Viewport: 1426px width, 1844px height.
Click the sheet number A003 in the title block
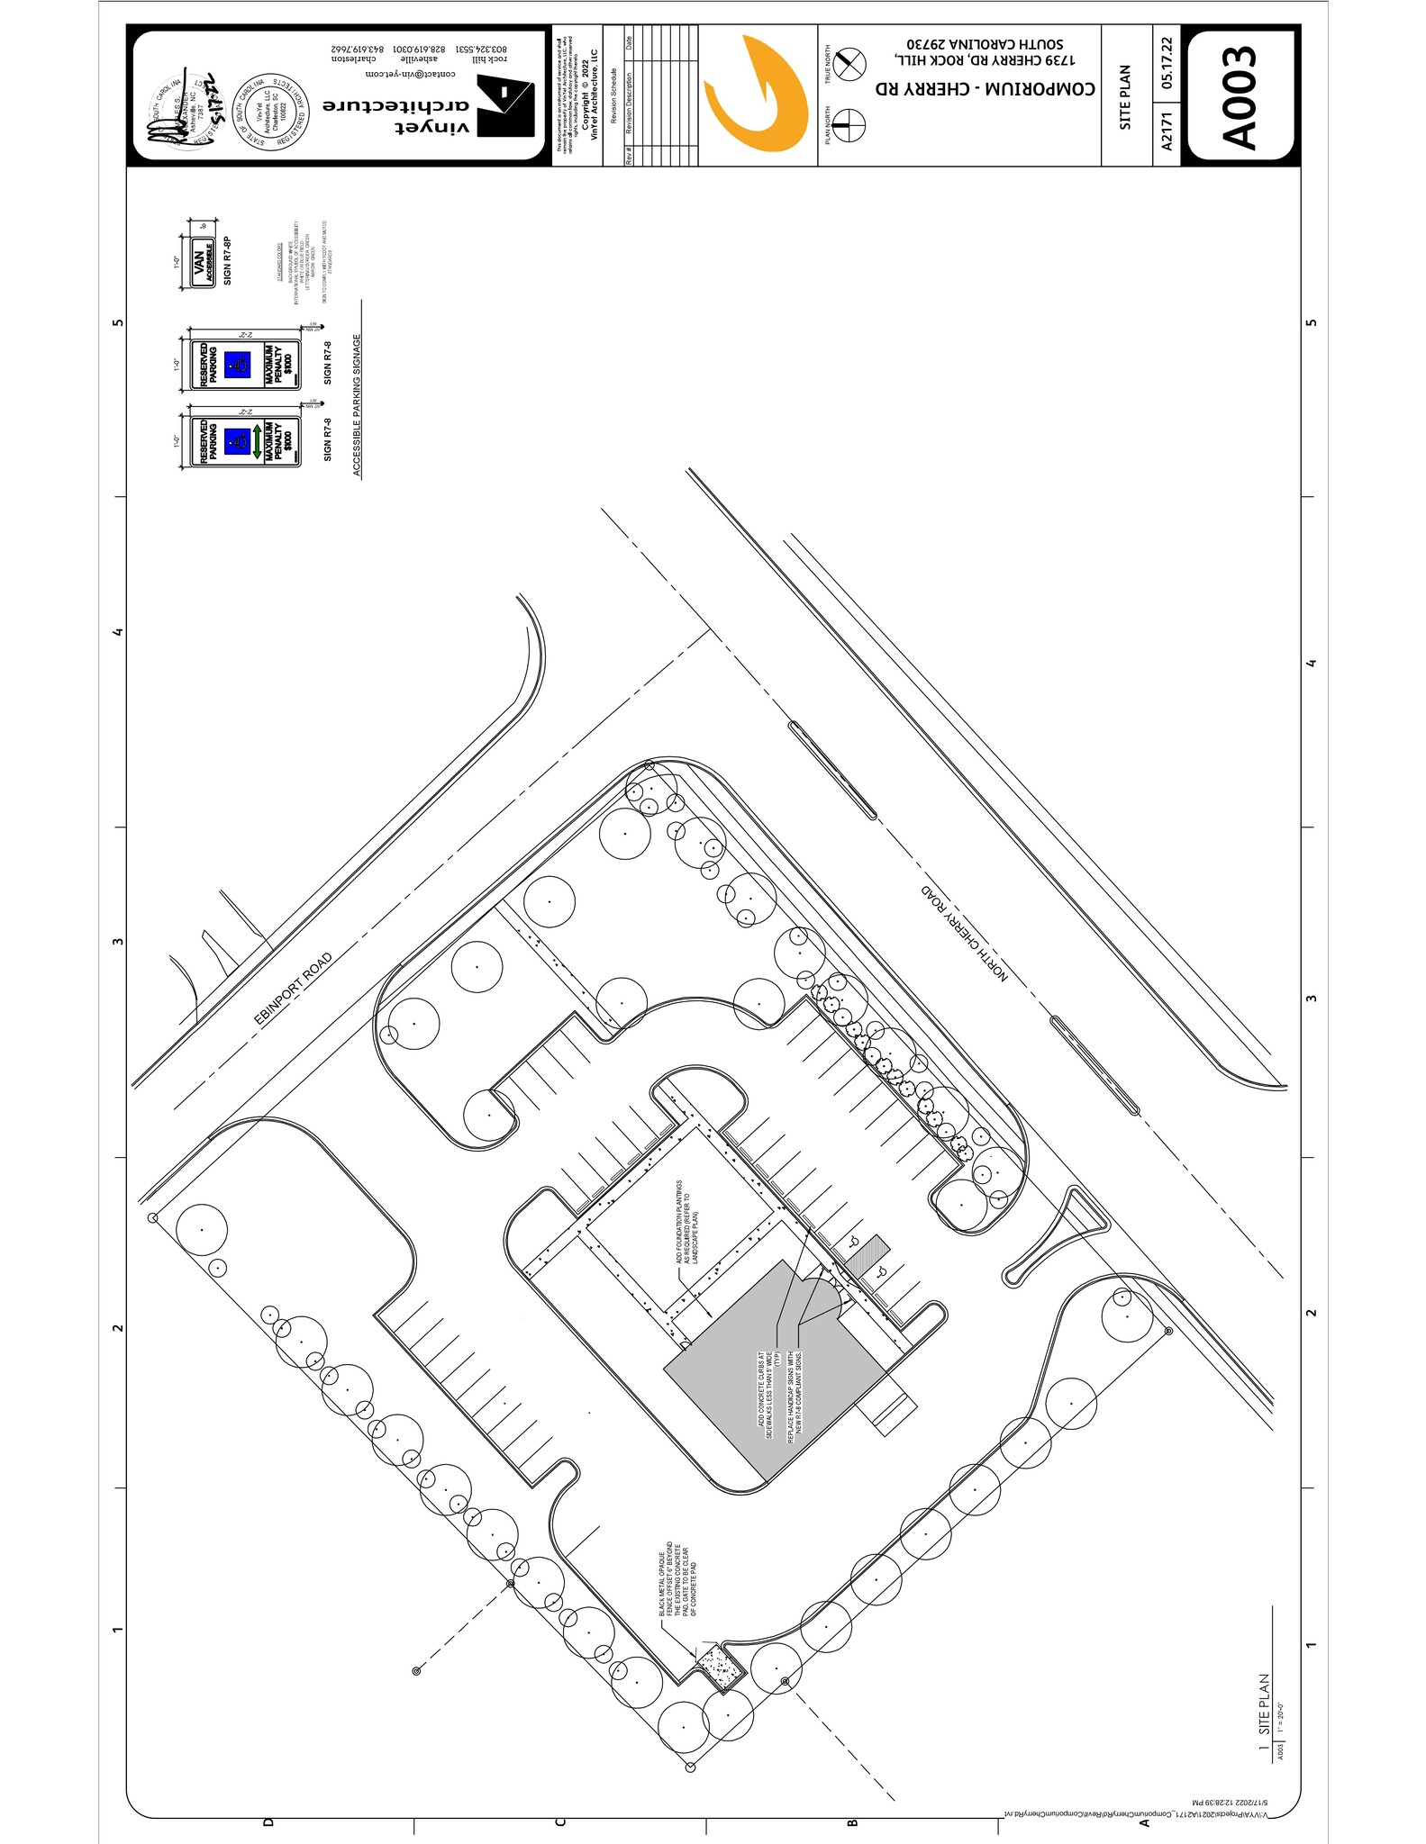(1242, 97)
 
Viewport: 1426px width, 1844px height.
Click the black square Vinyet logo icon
(505, 105)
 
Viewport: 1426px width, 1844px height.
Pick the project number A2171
(1167, 131)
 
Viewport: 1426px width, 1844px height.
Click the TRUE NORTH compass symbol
(847, 63)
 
